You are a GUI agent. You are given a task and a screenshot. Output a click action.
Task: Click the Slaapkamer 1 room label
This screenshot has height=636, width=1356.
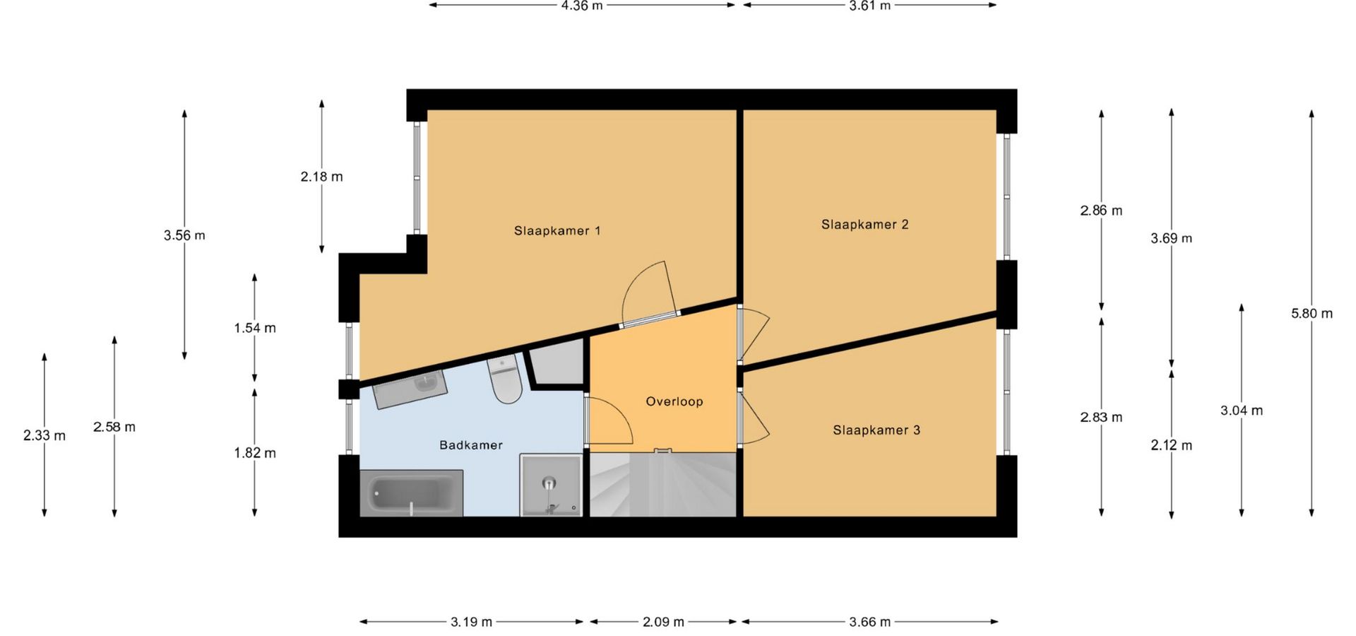[557, 230]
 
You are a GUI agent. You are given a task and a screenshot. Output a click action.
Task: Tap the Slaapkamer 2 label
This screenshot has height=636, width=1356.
[864, 225]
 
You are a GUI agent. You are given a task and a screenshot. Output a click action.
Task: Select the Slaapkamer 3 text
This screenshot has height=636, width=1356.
[876, 430]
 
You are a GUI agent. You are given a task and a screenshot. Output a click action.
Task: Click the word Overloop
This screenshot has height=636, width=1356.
[674, 401]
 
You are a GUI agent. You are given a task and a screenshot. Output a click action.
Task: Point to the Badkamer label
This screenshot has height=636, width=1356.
[471, 445]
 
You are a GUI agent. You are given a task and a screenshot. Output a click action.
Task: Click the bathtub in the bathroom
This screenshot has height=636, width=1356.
[411, 493]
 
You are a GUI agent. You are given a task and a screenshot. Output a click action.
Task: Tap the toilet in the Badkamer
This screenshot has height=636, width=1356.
[504, 379]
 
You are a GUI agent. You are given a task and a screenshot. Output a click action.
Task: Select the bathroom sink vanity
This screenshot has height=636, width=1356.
[410, 389]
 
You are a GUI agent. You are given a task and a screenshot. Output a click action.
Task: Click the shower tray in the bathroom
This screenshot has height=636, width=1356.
[551, 485]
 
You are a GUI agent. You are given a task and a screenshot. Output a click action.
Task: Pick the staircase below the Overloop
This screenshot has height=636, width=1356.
[662, 485]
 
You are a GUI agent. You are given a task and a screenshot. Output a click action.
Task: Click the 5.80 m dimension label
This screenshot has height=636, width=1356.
[1312, 313]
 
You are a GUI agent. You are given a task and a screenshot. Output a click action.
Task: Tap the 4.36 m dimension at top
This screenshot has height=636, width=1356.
[582, 6]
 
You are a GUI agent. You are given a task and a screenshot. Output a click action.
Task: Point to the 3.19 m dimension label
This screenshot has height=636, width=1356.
[471, 622]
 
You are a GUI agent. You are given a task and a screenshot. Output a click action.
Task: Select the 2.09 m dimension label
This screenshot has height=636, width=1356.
[663, 622]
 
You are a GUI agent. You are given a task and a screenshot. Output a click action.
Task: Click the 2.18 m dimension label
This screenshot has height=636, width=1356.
[321, 177]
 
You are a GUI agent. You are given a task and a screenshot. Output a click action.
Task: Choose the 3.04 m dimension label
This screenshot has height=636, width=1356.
[1242, 410]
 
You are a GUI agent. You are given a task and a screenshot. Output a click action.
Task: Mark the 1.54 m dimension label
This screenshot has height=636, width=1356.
[255, 328]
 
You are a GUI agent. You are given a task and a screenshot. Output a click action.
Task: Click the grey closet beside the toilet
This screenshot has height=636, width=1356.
[558, 363]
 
